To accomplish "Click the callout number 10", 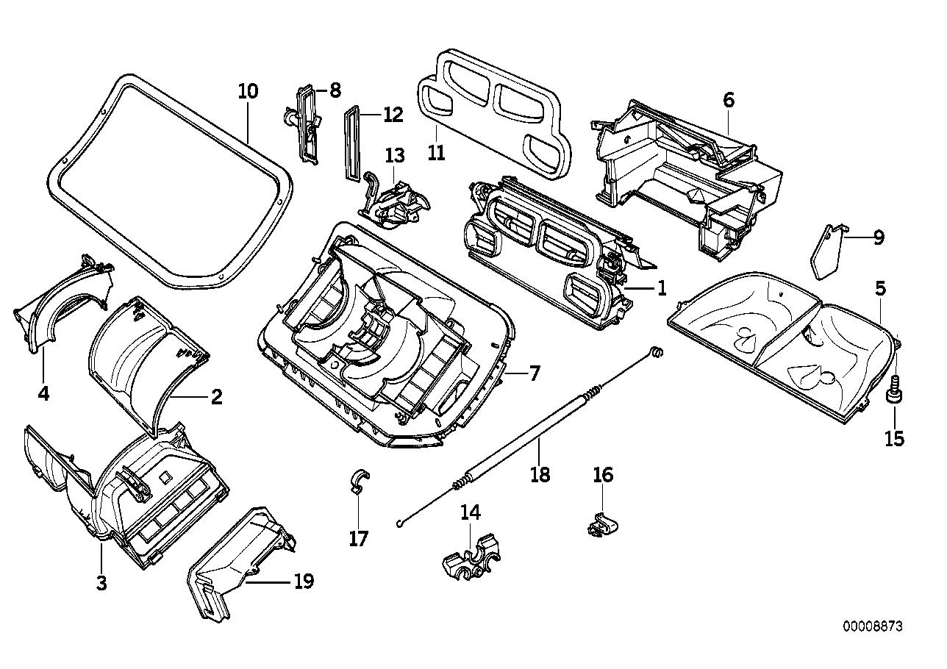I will coord(249,92).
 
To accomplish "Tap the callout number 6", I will coord(729,99).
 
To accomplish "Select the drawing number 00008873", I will coord(872,626).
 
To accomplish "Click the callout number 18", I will coord(540,474).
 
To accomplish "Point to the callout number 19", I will coord(304,582).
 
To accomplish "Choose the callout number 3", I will coord(101,584).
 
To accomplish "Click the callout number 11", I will coord(437,152).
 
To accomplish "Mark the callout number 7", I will coord(535,373).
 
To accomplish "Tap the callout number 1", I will coord(662,287).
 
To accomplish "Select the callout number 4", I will coord(43,394).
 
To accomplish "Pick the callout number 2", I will coord(216,397).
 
